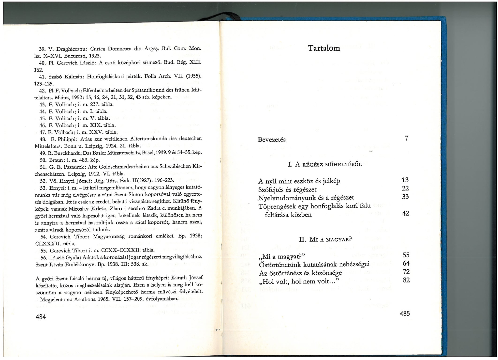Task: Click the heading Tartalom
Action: click(324, 48)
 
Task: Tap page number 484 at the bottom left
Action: click(41, 317)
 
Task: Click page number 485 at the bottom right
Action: click(405, 313)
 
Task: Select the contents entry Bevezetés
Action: click(272, 139)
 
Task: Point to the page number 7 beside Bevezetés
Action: click(406, 138)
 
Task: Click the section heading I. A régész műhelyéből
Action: click(325, 164)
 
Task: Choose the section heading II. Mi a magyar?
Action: click(325, 240)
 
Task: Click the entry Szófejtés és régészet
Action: click(287, 189)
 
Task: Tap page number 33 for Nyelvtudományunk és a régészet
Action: click(405, 197)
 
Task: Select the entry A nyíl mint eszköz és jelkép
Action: click(299, 181)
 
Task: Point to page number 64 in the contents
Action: click(406, 263)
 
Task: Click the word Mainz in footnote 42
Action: click(42, 97)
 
